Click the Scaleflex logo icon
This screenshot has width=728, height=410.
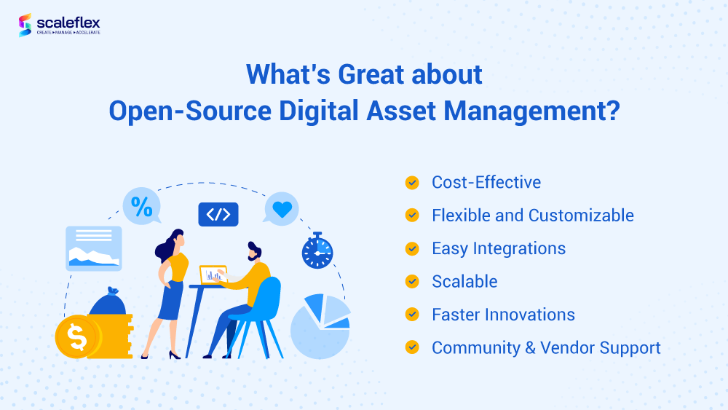(25, 25)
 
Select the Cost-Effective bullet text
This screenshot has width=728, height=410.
(486, 182)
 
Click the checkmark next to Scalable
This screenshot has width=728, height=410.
(412, 281)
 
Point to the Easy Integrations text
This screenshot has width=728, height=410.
(499, 248)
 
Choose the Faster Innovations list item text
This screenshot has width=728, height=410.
(503, 315)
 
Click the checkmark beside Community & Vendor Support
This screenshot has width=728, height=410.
(412, 347)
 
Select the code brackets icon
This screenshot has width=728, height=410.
(218, 214)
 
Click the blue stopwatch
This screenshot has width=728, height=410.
(317, 251)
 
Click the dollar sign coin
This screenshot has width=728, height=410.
(76, 336)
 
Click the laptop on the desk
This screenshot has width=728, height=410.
(213, 275)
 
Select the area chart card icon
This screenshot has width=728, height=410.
(93, 248)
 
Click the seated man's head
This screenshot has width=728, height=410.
(254, 251)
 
